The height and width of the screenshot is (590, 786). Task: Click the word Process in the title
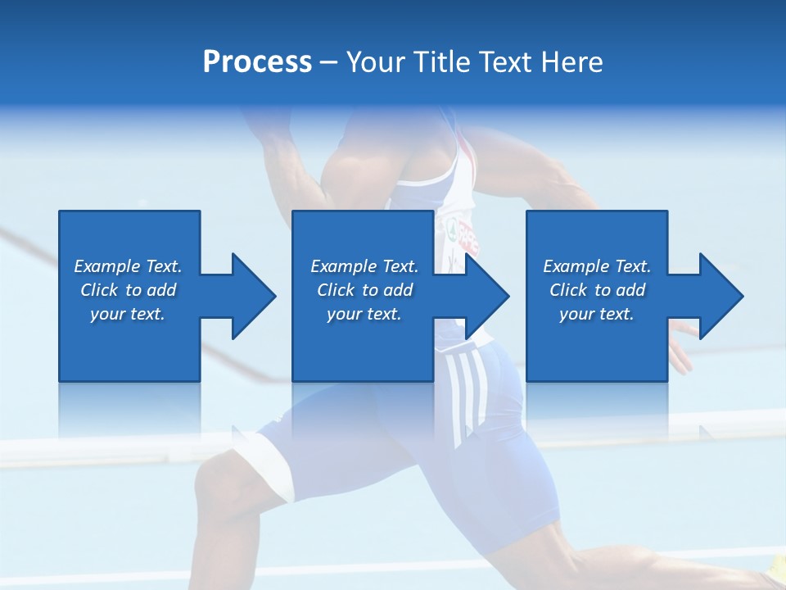coord(257,62)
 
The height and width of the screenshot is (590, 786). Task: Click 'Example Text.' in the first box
coord(128,266)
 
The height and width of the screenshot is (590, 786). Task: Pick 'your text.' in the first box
coord(128,314)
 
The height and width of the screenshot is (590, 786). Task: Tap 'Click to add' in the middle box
coord(364,290)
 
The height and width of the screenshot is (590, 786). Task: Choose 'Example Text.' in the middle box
coord(364,266)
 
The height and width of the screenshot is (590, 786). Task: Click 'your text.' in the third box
coord(597,314)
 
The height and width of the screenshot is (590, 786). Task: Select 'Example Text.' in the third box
coord(597,266)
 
